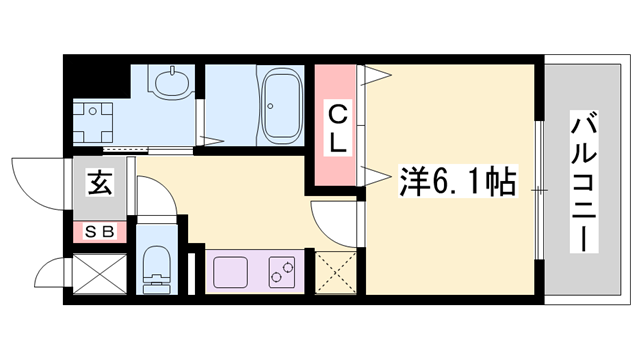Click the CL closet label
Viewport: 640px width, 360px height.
(x=339, y=128)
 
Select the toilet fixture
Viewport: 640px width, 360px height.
(x=157, y=266)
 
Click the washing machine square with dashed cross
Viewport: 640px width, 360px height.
(x=101, y=121)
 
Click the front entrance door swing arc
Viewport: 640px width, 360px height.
(x=36, y=179)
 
